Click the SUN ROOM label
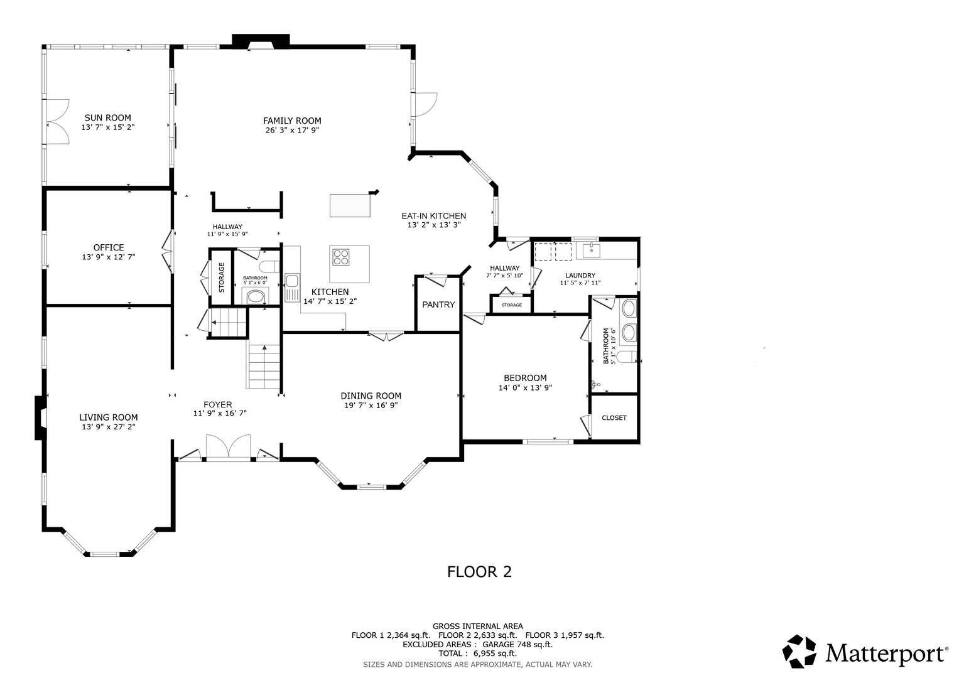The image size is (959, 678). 108,118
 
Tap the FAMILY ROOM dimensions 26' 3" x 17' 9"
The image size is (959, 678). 292,130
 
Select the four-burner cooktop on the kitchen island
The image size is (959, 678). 341,257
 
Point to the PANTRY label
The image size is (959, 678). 438,304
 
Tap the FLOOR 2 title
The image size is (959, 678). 480,572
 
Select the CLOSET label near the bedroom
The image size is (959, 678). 614,417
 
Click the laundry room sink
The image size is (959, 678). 591,250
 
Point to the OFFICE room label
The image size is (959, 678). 109,247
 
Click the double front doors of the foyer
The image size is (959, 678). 228,448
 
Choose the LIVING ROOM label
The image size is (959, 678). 109,417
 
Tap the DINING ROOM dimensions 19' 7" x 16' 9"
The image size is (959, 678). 371,406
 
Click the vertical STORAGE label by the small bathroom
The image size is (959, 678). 221,277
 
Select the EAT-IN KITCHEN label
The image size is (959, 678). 434,216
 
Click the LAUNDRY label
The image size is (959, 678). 580,276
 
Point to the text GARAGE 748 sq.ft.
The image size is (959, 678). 517,644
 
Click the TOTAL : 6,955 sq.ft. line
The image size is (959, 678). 478,654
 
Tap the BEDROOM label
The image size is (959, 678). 525,378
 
